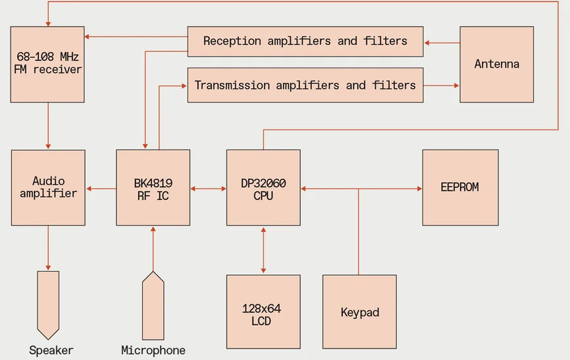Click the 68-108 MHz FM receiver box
pyautogui.click(x=47, y=64)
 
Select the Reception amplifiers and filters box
pyautogui.click(x=305, y=41)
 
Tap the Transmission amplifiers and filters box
pyautogui.click(x=305, y=85)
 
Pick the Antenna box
pyautogui.click(x=496, y=64)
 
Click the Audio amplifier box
pyautogui.click(x=48, y=188)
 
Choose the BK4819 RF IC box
pyautogui.click(x=153, y=188)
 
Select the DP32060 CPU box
pyautogui.click(x=263, y=188)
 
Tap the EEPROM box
pyautogui.click(x=459, y=188)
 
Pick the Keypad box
pyautogui.click(x=359, y=311)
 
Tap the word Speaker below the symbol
pyautogui.click(x=51, y=350)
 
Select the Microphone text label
pyautogui.click(x=153, y=350)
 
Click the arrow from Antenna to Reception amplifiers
pyautogui.click(x=442, y=43)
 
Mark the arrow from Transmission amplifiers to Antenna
pyautogui.click(x=442, y=85)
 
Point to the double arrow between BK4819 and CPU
pyautogui.click(x=208, y=189)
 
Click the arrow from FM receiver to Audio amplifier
pyautogui.click(x=48, y=126)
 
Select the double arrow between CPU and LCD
pyautogui.click(x=263, y=250)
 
